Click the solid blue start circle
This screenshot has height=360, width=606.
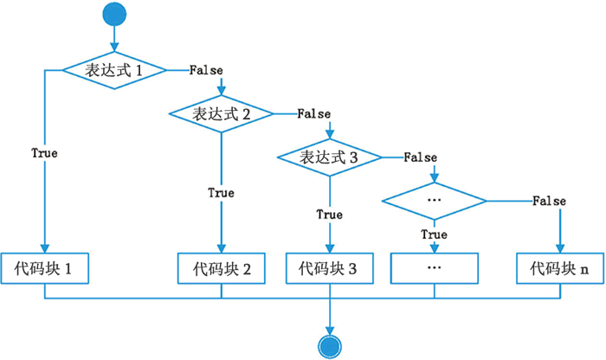tap(114, 16)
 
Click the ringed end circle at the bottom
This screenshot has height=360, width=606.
tap(330, 345)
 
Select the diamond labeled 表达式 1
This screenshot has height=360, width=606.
tap(114, 71)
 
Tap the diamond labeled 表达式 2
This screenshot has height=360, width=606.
tap(222, 113)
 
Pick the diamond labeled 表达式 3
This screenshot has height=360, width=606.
tap(330, 157)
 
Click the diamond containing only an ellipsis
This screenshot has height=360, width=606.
tap(435, 201)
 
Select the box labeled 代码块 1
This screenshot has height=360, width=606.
tap(45, 269)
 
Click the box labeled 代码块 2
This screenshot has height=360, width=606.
tap(222, 269)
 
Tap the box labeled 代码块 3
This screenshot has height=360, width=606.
tap(330, 269)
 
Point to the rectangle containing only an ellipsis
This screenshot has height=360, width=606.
tap(435, 269)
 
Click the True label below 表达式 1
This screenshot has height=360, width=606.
tap(44, 153)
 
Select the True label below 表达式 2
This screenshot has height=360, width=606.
tap(221, 193)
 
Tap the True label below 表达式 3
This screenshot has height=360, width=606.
tap(329, 215)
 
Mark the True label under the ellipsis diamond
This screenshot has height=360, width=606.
tap(434, 235)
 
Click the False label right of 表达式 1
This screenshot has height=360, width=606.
tap(206, 70)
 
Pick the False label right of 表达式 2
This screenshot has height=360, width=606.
tap(313, 113)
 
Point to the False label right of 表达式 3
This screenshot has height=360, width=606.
tap(420, 157)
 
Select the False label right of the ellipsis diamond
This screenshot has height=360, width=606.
tap(549, 201)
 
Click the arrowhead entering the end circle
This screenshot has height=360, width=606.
tap(330, 326)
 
